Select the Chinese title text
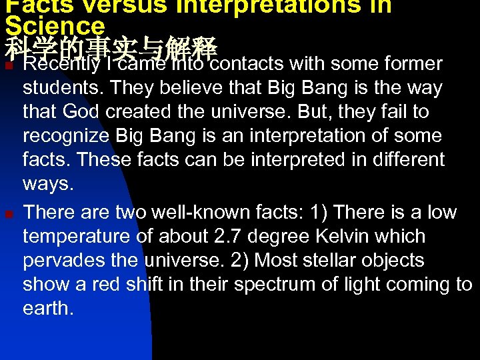pyautogui.click(x=111, y=48)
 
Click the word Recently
pyautogui.click(x=61, y=64)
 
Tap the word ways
pyautogui.click(x=47, y=184)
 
